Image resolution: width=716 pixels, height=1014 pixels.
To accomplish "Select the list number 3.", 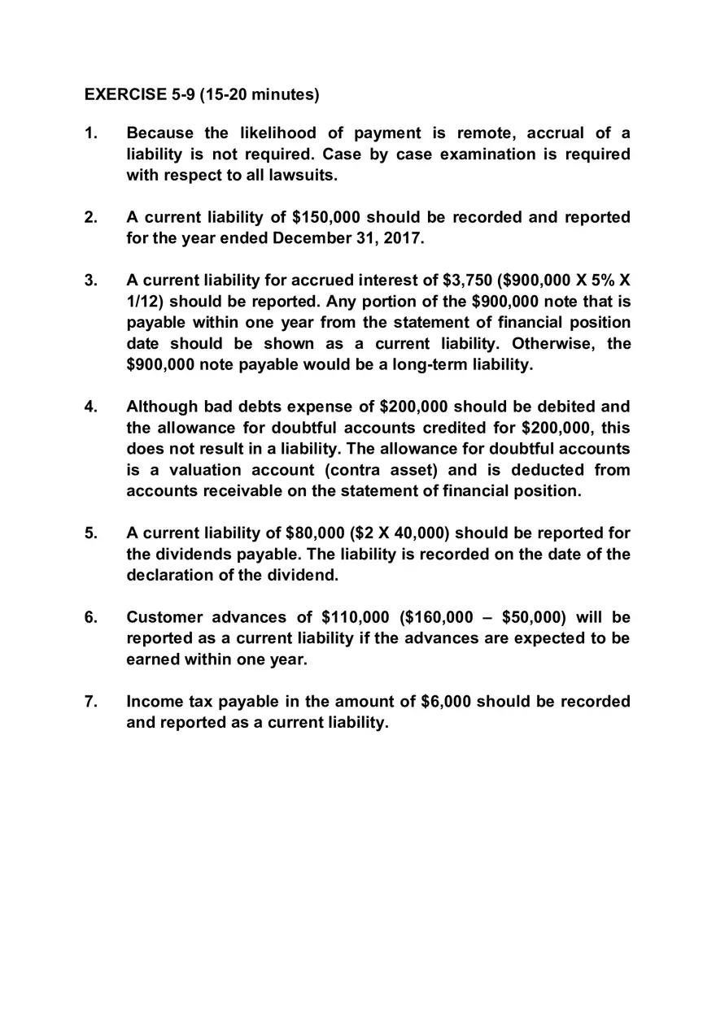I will [x=90, y=281].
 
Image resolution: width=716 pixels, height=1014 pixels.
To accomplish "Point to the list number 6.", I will [x=90, y=617].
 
